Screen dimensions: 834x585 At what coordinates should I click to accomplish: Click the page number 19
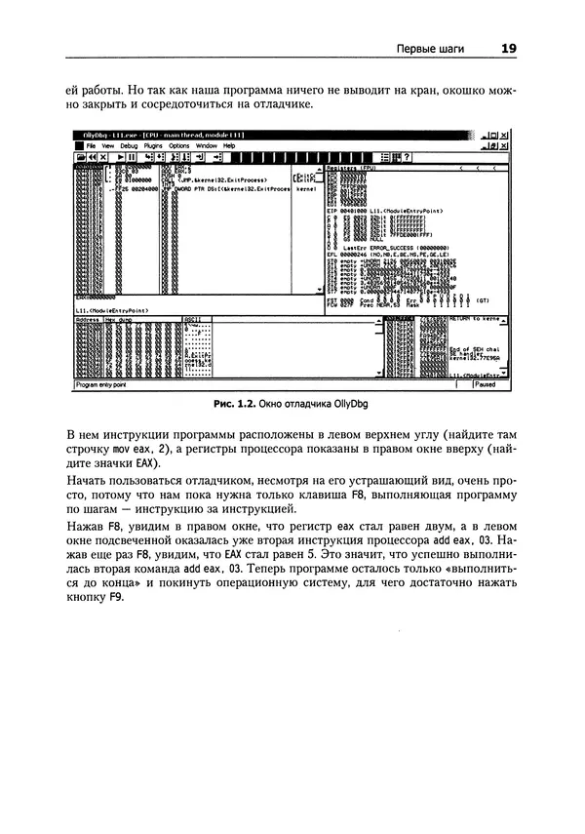(x=507, y=47)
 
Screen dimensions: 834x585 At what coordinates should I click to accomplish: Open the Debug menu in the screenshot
(x=129, y=144)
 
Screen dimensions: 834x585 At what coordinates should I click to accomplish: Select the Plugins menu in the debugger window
(x=154, y=144)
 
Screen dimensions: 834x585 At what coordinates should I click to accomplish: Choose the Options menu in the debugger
(x=179, y=144)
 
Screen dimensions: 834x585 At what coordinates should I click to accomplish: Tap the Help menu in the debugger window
(x=230, y=144)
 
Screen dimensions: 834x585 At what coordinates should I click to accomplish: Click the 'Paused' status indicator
(x=485, y=384)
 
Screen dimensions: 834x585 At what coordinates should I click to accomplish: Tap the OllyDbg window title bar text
(x=156, y=134)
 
